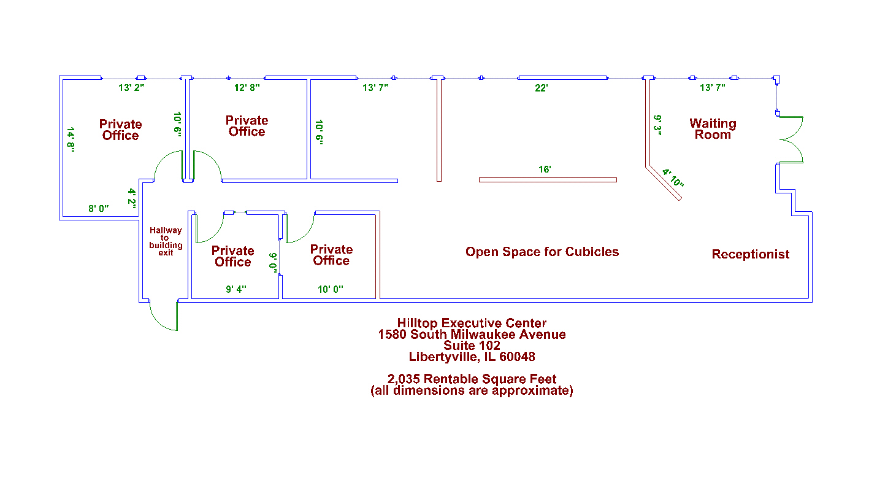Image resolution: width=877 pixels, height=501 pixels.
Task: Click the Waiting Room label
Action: click(713, 129)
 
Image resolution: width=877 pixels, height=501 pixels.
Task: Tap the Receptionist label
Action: click(750, 254)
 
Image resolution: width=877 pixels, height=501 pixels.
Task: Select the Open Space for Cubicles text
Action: click(542, 252)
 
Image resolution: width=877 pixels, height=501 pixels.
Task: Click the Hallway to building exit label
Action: click(166, 241)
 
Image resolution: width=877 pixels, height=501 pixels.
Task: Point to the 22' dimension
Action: click(541, 88)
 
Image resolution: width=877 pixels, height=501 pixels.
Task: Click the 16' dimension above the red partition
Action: click(545, 169)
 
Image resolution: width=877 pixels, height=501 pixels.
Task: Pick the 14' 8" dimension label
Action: click(71, 139)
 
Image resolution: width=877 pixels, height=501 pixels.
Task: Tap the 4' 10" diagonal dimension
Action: click(673, 178)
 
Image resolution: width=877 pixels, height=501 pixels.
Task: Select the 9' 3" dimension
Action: click(657, 125)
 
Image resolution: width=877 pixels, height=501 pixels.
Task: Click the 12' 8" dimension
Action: click(247, 88)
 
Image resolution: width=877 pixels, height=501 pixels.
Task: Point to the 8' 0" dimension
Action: click(98, 209)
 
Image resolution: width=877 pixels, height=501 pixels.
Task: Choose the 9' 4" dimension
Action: click(236, 289)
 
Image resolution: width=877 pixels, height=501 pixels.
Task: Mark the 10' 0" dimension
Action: click(330, 289)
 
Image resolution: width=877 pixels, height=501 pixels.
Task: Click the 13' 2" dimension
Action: click(131, 88)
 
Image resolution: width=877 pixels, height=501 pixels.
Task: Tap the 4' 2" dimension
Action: click(132, 198)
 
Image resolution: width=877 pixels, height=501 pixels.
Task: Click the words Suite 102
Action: click(472, 346)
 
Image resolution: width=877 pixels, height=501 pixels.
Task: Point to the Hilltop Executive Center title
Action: click(472, 323)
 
